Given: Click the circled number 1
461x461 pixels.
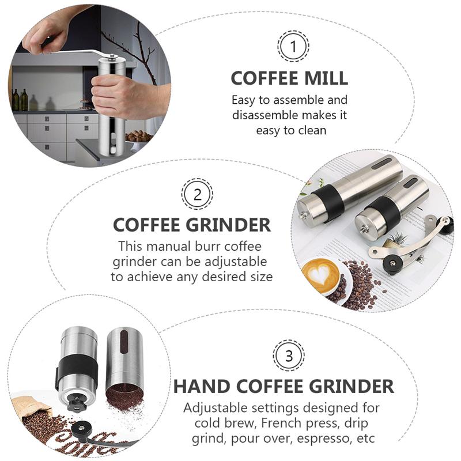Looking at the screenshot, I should coord(293,46).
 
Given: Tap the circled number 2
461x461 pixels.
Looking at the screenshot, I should coord(197,194).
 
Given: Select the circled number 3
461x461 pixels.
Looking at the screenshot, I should coord(289,355).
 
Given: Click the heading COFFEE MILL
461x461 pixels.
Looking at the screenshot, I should coord(289,78).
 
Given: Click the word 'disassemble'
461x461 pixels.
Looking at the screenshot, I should coord(266,115).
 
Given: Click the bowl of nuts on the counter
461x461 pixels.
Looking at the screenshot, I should coord(139,137).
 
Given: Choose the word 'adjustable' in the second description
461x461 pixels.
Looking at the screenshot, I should coord(231,261).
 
